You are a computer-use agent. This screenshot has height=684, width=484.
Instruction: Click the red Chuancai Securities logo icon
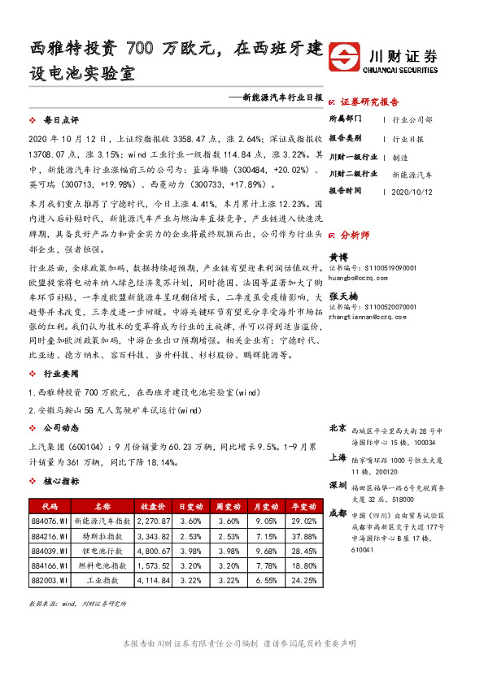pyautogui.click(x=347, y=59)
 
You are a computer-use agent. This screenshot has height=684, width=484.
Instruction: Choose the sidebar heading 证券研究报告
pyautogui.click(x=369, y=102)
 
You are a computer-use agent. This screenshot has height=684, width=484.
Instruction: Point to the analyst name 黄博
pyautogui.click(x=337, y=257)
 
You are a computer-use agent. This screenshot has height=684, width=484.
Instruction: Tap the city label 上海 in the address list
pyautogui.click(x=338, y=457)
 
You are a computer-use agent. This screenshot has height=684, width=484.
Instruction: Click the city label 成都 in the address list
pyautogui.click(x=338, y=513)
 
